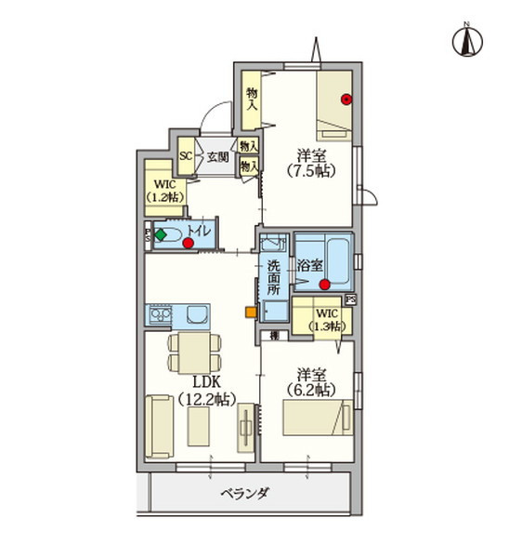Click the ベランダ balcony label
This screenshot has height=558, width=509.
coord(244,493)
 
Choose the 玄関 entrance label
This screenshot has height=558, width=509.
coord(216,155)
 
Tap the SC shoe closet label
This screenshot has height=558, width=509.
coord(185,155)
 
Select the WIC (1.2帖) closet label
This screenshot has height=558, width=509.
coord(165,191)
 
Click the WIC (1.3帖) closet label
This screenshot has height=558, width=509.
coord(326,320)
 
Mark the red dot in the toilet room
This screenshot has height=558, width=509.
coord(189,244)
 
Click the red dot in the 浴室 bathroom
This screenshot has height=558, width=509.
coord(324,285)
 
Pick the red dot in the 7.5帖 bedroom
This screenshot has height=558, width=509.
coord(346,100)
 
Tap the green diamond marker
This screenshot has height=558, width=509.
coord(161,235)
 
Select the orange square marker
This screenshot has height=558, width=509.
coord(249,312)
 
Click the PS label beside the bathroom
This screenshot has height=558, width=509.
coord(350,299)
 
